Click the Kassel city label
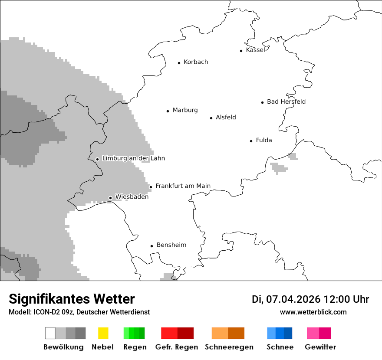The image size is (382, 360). (x=255, y=50)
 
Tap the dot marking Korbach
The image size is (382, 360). (x=179, y=63)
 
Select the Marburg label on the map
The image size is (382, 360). (x=185, y=110)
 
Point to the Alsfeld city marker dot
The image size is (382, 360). (x=211, y=118)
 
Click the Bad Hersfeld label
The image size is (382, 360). (x=286, y=101)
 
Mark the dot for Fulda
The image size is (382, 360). (x=251, y=141)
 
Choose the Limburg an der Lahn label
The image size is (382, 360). (x=133, y=158)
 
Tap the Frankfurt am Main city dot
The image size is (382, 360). (x=151, y=187)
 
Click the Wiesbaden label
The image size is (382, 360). (x=132, y=196)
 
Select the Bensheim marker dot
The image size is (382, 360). (x=151, y=246)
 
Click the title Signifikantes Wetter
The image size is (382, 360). (x=72, y=299)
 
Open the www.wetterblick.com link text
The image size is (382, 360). (x=313, y=312)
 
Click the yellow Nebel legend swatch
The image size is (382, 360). (x=103, y=333)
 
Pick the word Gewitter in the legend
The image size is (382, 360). (x=320, y=347)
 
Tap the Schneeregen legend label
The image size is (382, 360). (x=229, y=347)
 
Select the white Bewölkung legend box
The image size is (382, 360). (x=50, y=333)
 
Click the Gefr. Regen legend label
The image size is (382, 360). (x=176, y=347)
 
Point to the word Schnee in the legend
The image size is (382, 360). (x=280, y=347)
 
